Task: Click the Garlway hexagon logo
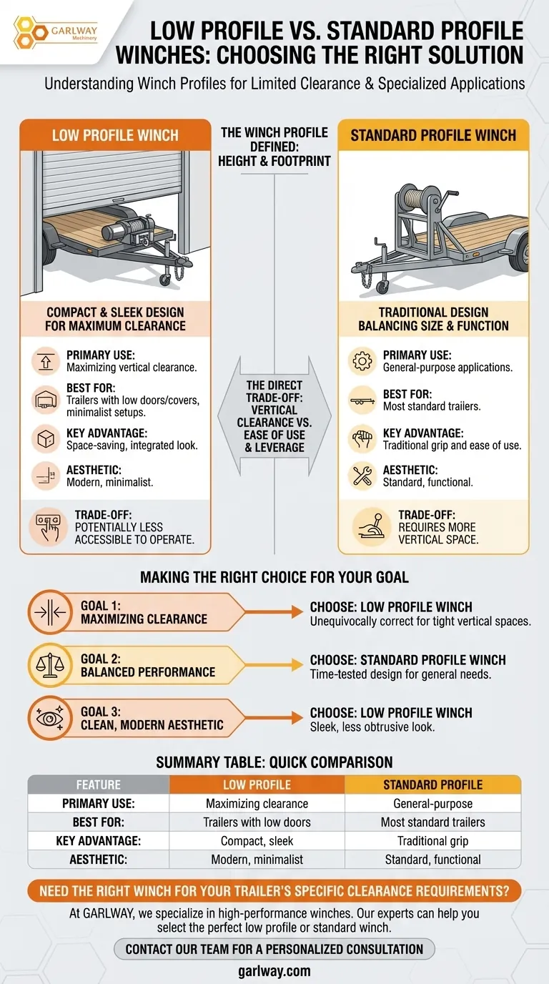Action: tap(30, 32)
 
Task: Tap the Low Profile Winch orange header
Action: tap(115, 135)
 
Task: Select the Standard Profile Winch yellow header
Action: tap(433, 135)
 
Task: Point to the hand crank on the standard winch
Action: tap(448, 201)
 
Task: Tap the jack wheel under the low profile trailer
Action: tap(165, 278)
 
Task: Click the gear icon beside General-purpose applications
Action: tap(362, 361)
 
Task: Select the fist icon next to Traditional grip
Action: tap(362, 439)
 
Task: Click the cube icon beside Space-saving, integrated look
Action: tap(46, 439)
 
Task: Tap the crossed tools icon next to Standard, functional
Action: tap(362, 476)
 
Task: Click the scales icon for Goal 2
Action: tap(50, 665)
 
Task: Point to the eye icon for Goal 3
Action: tap(50, 718)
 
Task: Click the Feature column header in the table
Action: tap(99, 784)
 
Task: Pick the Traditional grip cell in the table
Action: tap(433, 841)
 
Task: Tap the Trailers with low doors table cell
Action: tap(257, 822)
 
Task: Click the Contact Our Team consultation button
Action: tap(274, 949)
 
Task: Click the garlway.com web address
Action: tap(274, 971)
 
